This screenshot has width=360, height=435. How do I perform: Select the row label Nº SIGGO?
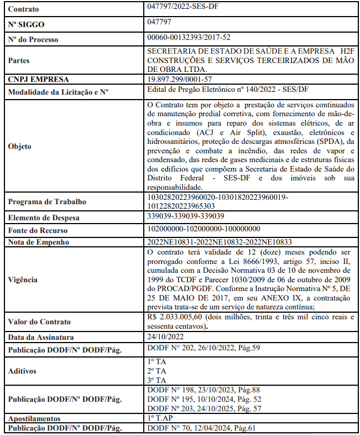click(x=26, y=25)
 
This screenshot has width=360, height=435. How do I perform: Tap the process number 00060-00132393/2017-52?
click(x=189, y=37)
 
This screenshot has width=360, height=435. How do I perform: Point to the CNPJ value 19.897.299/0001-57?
click(x=180, y=79)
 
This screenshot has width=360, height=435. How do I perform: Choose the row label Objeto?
click(x=20, y=147)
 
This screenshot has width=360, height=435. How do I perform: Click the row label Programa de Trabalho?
click(x=46, y=201)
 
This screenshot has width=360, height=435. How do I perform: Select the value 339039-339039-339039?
click(x=186, y=216)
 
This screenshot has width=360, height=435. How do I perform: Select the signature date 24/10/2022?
click(x=166, y=336)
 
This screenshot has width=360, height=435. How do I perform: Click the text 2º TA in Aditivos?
click(x=157, y=371)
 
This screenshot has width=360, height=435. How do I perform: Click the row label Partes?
click(x=20, y=60)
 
